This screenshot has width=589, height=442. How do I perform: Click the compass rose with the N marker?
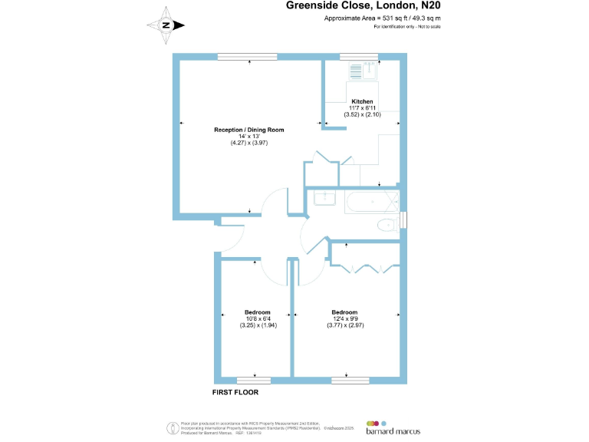tap(166, 25)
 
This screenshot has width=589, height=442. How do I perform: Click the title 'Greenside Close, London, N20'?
tap(364, 6)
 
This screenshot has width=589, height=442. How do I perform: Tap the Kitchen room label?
tap(362, 101)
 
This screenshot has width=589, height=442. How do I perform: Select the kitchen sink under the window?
tap(367, 71)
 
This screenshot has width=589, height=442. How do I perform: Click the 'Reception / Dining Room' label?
tap(248, 130)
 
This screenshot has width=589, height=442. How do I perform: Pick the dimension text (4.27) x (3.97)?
tap(248, 143)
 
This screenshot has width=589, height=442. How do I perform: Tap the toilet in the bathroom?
tap(387, 225)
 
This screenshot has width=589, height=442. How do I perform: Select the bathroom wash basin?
tap(325, 198)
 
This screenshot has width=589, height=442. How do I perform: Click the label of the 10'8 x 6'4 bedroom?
tap(257, 312)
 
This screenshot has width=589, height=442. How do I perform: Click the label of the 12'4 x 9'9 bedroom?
tap(344, 312)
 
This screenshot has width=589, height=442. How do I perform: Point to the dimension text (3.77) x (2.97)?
tap(344, 325)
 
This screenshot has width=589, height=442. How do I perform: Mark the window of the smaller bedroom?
tap(253, 380)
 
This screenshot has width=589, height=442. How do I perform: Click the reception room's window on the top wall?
tap(247, 56)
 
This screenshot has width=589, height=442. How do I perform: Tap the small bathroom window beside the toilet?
tap(403, 220)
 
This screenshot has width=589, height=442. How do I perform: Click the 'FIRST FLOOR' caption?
tap(235, 392)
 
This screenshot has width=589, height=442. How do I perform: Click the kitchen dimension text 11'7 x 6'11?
tap(362, 108)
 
